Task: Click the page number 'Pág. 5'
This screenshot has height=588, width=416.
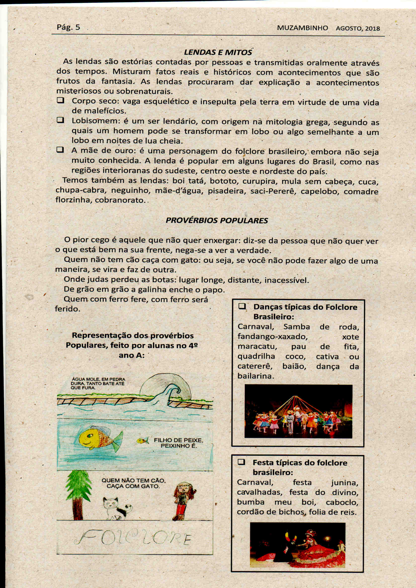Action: [68, 27]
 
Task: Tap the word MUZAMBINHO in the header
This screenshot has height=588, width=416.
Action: [302, 28]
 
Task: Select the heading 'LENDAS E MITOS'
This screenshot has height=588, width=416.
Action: [218, 52]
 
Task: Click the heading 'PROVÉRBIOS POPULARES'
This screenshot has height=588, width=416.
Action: [217, 221]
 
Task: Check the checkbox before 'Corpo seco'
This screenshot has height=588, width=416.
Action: [60, 100]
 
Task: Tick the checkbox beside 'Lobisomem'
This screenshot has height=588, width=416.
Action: [60, 120]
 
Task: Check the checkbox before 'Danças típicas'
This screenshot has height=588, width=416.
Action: [242, 306]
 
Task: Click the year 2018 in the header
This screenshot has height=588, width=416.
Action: [372, 28]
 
